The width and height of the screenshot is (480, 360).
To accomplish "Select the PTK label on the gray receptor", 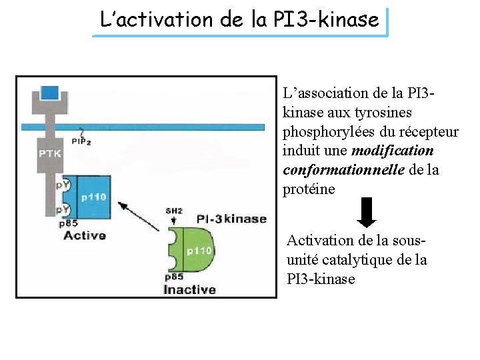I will [x=49, y=153].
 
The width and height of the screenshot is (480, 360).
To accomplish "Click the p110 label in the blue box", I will [x=93, y=197].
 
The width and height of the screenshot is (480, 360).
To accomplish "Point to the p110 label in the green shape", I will [x=199, y=251].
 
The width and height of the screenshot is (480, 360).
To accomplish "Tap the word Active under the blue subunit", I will [x=85, y=235].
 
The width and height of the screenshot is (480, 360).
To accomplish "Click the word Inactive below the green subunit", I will [x=190, y=289].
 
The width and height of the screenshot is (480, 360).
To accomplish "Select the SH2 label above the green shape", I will [x=174, y=211].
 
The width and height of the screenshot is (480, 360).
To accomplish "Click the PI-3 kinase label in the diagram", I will [x=231, y=219].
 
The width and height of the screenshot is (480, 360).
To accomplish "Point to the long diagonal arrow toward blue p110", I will [x=141, y=217].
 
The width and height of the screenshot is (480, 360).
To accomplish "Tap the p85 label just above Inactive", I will [x=174, y=277].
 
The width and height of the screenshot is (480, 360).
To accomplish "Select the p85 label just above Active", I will [x=68, y=224].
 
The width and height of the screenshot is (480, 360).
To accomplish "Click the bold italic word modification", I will [x=392, y=151].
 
